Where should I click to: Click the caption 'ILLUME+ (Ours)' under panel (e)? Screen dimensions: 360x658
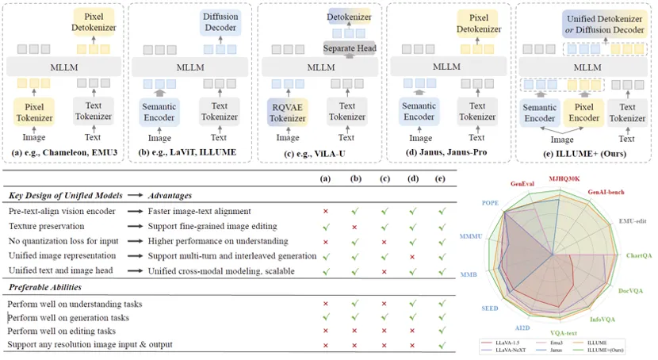pos(583,151)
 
